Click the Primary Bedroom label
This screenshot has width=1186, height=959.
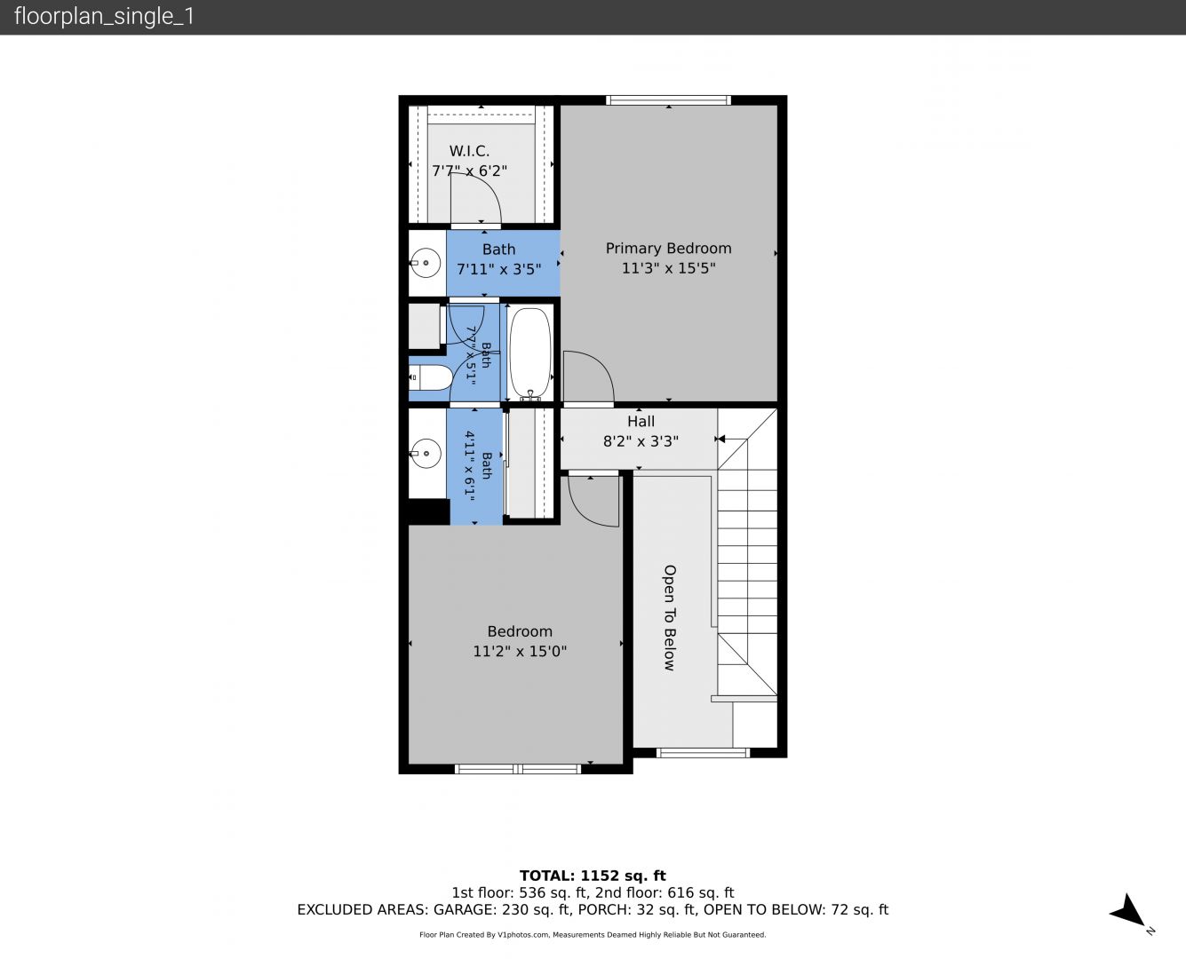coord(668,249)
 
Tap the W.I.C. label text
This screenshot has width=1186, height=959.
coord(469,151)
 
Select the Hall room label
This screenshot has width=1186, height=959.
coord(641,421)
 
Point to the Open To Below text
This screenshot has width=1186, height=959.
coord(670,618)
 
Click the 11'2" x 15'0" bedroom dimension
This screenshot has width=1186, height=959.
coord(520,651)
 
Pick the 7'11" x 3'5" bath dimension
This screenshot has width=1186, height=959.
coord(499,269)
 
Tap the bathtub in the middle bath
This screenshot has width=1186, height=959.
coord(530,354)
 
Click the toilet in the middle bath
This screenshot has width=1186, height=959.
coord(430,378)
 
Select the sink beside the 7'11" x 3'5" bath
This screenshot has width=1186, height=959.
coord(426,262)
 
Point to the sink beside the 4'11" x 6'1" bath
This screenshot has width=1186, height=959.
coord(426,453)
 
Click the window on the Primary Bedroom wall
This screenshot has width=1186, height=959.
coord(668,100)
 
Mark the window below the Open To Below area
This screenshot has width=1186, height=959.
coord(703,753)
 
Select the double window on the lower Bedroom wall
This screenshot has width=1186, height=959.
coord(518,769)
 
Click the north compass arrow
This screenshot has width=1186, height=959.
coord(1127,911)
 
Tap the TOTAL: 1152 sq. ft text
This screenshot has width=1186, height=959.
coord(593,876)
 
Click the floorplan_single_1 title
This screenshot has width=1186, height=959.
coord(104,17)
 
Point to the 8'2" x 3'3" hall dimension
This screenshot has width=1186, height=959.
coord(641,441)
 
